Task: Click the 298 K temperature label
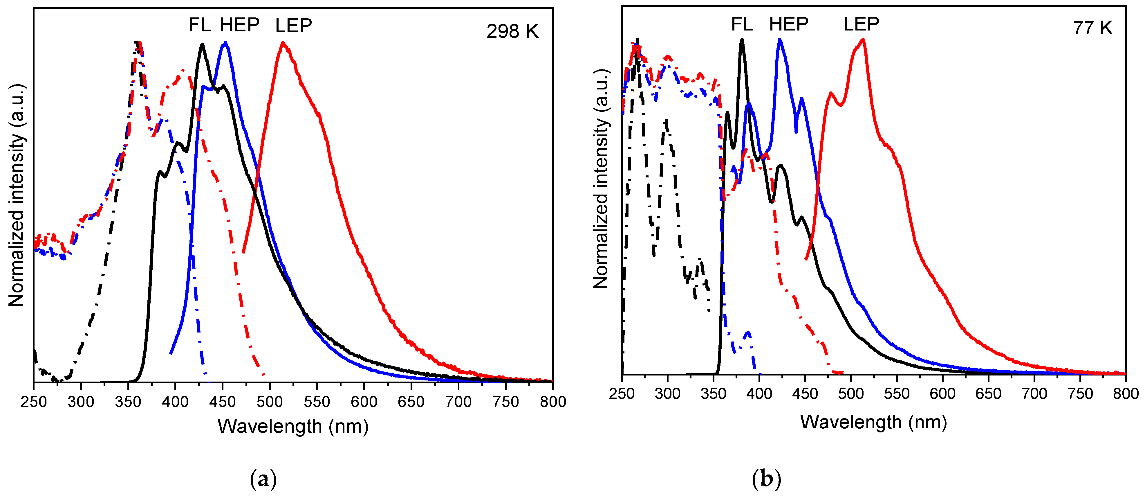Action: click(512, 31)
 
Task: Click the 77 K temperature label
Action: click(1092, 28)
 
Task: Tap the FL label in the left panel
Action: click(200, 25)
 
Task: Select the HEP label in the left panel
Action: click(240, 25)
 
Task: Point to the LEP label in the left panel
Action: click(293, 26)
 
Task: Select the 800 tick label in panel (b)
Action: click(1126, 394)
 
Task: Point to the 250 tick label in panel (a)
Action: click(34, 402)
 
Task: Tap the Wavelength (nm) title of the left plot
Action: click(293, 426)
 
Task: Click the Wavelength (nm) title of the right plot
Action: click(873, 422)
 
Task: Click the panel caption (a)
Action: click(263, 479)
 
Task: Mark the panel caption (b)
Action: click(766, 479)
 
